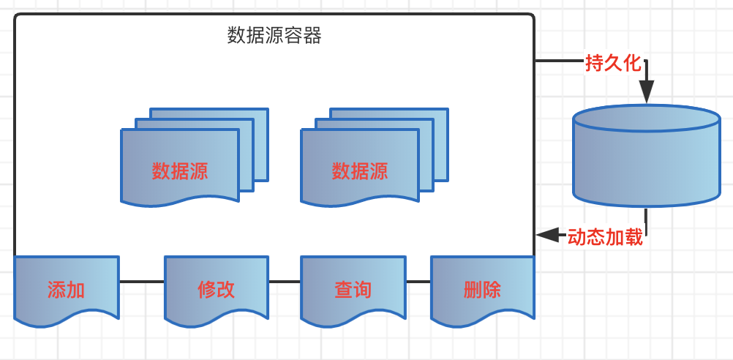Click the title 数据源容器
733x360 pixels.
click(274, 36)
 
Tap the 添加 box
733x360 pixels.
click(66, 290)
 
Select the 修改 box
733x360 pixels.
click(217, 290)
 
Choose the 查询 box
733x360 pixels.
click(353, 290)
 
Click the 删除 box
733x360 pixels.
click(482, 290)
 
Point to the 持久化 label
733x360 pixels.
click(613, 64)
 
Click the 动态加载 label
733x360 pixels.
click(605, 237)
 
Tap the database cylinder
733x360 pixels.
click(646, 165)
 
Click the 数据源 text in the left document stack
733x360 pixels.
click(180, 171)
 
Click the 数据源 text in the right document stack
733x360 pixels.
click(360, 171)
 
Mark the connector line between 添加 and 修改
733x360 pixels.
click(141, 281)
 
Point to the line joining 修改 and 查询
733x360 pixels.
click(285, 281)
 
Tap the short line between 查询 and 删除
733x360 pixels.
click(418, 281)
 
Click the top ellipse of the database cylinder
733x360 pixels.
click(646, 119)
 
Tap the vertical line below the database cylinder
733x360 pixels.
click(646, 219)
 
